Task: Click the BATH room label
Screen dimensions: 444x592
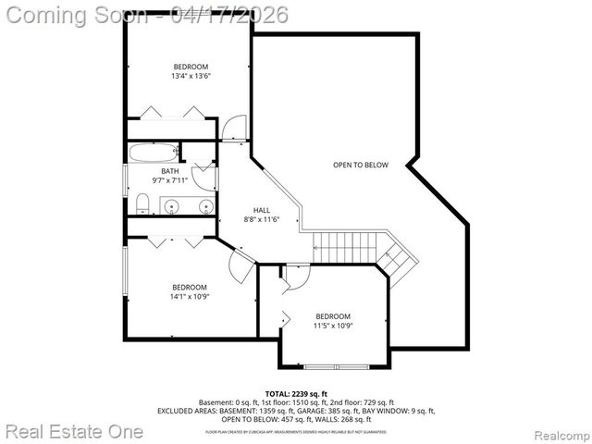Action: pos(170,171)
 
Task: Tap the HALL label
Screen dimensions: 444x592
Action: pos(261,210)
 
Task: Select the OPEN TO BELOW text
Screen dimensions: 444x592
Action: pos(361,166)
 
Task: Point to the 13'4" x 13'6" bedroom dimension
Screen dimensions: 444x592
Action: pos(191,77)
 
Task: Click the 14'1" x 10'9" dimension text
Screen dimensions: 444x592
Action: pos(189,297)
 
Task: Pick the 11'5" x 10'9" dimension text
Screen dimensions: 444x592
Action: pos(333,326)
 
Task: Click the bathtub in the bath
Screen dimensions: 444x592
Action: pos(153,153)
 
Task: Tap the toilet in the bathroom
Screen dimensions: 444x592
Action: pos(142,203)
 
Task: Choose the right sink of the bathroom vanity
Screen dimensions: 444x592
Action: pos(204,206)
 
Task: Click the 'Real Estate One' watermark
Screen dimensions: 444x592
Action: pos(74,431)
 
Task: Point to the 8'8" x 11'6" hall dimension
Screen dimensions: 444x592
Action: pos(261,220)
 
